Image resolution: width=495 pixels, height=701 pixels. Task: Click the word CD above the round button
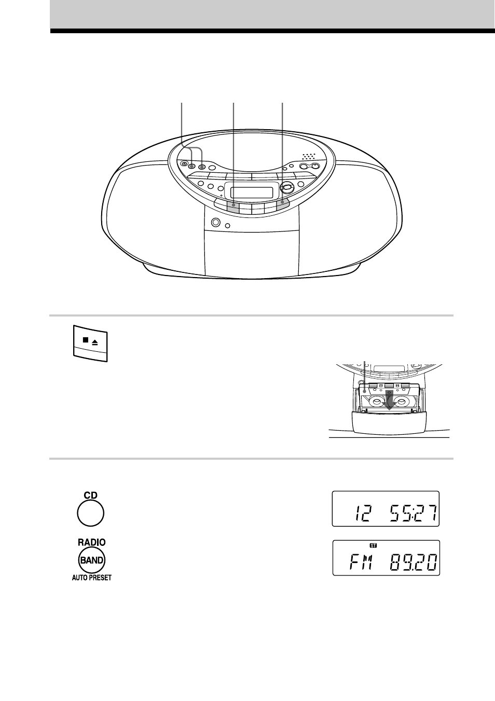pos(91,495)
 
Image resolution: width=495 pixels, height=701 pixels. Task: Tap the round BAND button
pos(92,560)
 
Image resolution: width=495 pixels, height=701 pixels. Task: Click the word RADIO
pos(92,542)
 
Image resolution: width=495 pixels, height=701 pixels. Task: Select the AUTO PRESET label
pos(92,578)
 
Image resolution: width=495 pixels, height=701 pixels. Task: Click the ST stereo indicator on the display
pos(373,545)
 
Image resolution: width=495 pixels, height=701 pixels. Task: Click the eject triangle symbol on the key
pos(95,342)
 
